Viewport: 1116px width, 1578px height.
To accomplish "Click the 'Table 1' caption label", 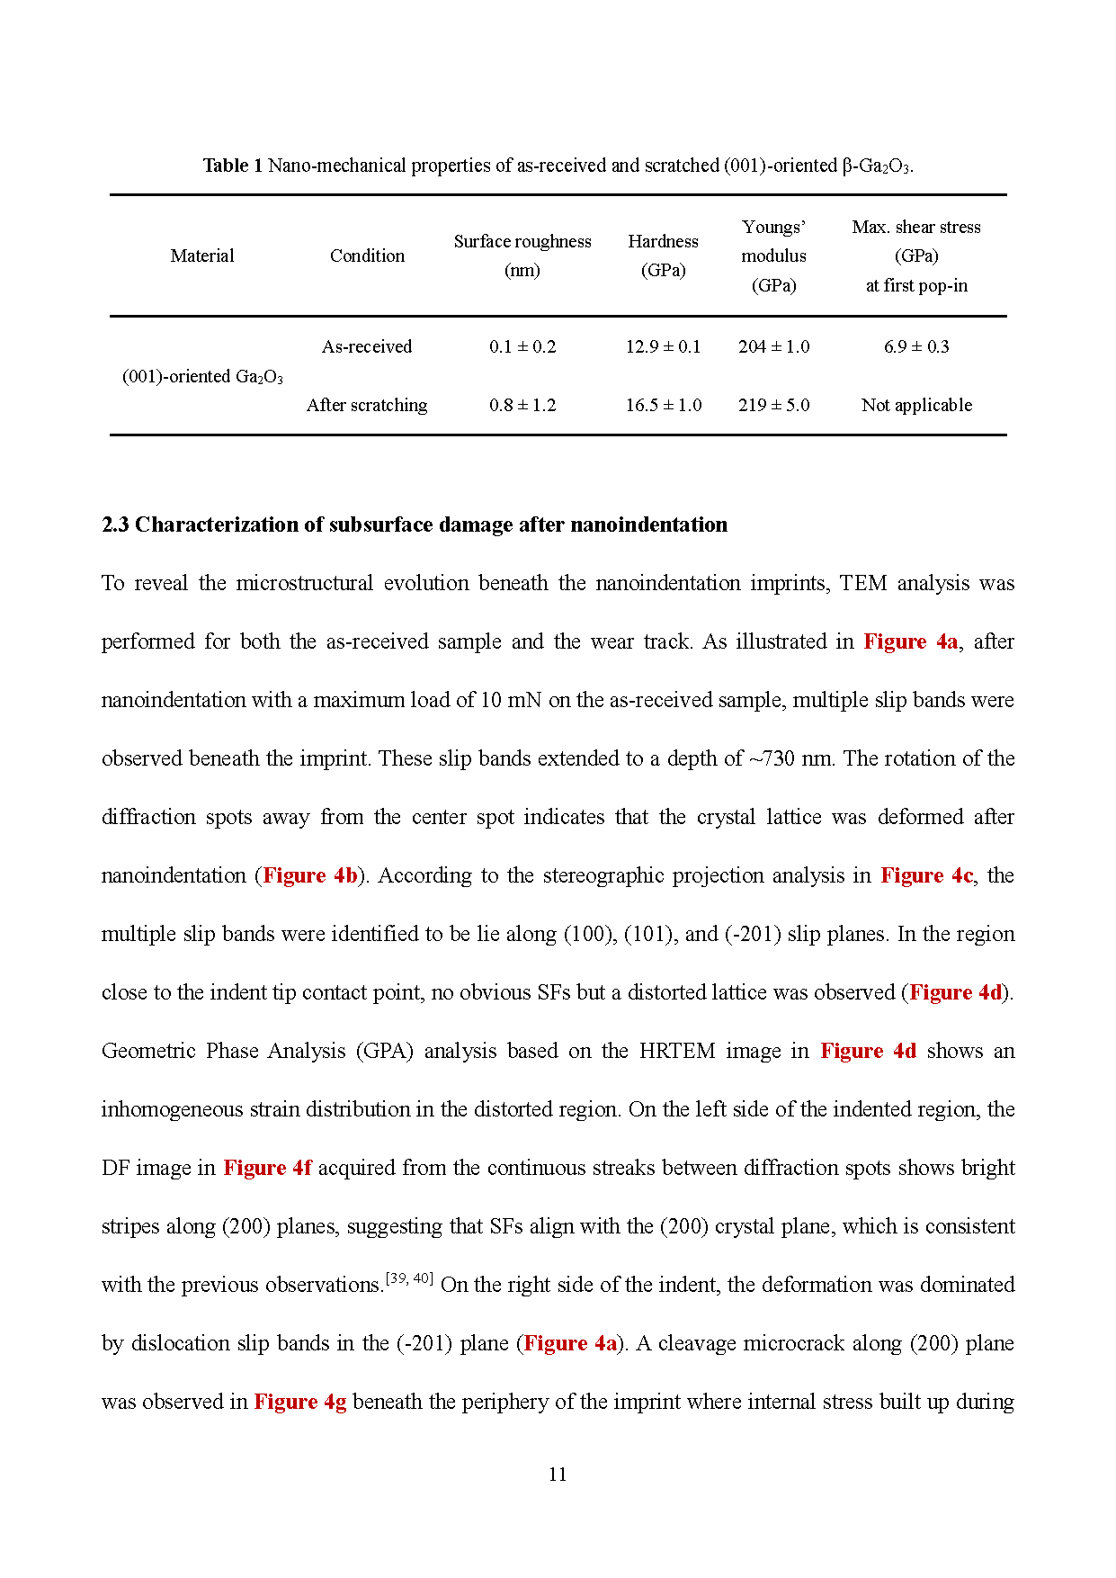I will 232,166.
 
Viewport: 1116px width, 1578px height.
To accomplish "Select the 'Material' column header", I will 202,256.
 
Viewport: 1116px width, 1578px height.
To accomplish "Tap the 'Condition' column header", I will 367,256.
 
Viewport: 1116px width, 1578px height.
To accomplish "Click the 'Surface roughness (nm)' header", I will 522,256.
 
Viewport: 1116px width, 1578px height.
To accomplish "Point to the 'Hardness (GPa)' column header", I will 663,256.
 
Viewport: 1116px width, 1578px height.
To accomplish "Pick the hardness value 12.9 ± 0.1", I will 663,346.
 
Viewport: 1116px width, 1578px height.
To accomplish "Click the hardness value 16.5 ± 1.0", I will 663,405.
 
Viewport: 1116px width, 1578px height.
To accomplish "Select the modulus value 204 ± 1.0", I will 773,346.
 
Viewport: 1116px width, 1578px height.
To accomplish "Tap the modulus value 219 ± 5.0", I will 773,405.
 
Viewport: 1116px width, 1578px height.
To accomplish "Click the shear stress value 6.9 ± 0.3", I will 916,346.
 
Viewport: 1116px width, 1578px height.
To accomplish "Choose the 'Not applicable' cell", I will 916,405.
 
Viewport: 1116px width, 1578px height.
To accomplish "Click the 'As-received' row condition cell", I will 367,346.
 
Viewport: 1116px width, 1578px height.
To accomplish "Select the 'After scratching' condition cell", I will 367,405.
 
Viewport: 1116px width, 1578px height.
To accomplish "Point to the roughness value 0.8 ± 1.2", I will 522,405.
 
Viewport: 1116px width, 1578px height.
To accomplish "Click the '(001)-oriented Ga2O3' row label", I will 202,376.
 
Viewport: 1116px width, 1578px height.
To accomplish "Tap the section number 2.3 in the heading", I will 115,525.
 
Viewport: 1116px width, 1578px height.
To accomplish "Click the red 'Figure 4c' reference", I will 926,875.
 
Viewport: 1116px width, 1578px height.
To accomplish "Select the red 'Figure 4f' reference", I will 267,1168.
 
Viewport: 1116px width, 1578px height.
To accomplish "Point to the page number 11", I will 558,1474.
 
